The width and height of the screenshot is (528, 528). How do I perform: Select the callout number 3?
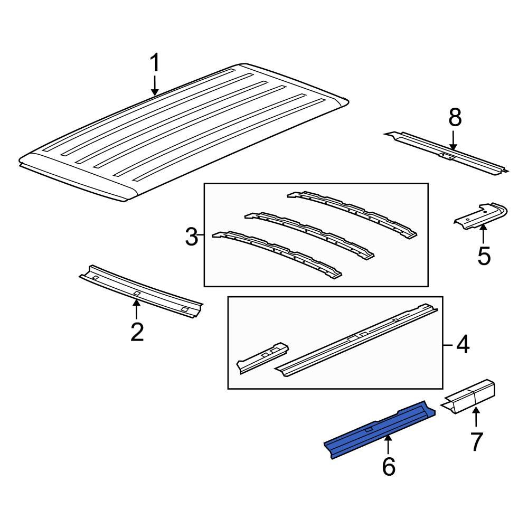(191, 237)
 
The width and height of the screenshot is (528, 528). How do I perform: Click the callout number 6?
(388, 466)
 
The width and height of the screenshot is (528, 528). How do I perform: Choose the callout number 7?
(476, 441)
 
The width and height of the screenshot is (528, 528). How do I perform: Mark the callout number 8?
(455, 118)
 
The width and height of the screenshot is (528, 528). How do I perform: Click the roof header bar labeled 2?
(140, 290)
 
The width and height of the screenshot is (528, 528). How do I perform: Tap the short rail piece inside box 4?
(262, 356)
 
